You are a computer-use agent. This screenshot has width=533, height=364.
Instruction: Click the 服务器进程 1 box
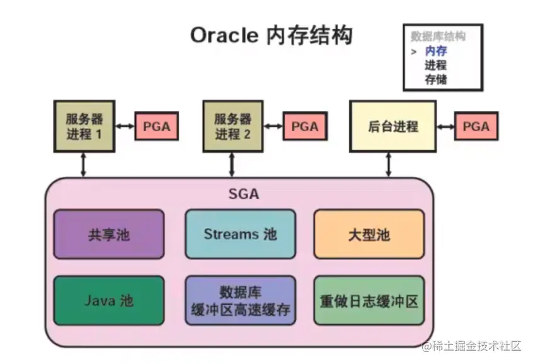[84, 126]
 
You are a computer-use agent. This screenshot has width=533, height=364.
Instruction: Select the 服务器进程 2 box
[232, 126]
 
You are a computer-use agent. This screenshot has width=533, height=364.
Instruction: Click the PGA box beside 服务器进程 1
[156, 126]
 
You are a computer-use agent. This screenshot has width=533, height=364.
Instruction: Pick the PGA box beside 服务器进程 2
[305, 126]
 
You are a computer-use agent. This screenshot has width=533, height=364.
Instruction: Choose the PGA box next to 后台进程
[476, 126]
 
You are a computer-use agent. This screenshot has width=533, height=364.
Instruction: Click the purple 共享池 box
[108, 234]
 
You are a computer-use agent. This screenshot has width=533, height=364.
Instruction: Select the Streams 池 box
[240, 234]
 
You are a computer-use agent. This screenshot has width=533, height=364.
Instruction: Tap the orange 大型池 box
[368, 234]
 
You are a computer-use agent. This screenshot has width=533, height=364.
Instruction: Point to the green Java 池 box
[108, 300]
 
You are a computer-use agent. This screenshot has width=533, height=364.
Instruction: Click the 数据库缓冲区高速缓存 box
[240, 300]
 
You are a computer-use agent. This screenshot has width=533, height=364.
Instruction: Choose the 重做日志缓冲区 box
[368, 300]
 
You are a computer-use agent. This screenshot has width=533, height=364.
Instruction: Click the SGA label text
[243, 194]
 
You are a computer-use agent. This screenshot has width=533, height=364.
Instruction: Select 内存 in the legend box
[436, 51]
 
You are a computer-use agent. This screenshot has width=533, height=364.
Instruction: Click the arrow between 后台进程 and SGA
[388, 164]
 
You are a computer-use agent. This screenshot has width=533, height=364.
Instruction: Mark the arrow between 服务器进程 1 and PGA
[125, 126]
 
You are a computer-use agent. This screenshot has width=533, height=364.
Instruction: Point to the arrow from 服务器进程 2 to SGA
[232, 164]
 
